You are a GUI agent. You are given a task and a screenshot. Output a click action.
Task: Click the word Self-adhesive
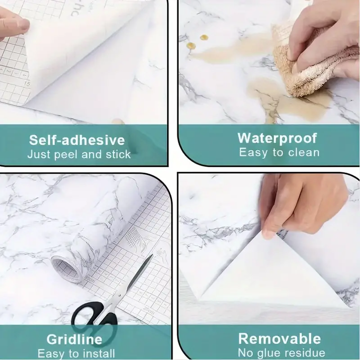[x=77, y=140]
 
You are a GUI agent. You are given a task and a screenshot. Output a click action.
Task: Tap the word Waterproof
[x=277, y=138]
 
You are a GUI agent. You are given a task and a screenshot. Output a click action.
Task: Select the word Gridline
[x=74, y=339]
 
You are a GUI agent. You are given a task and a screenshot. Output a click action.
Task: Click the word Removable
[x=279, y=338]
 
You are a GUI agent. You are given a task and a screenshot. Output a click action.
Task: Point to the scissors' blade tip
[x=152, y=255]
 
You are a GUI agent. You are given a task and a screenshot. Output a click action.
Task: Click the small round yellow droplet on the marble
[x=203, y=37]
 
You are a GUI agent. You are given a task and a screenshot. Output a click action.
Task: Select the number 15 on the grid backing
[x=27, y=84]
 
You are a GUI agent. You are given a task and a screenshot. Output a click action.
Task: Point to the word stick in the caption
[x=118, y=154]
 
